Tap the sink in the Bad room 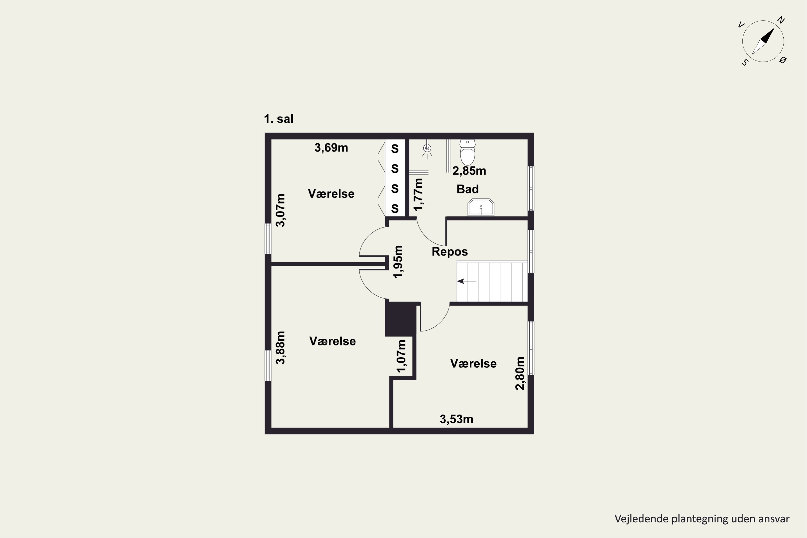pos(481,207)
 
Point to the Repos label pos(449,252)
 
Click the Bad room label pos(467,189)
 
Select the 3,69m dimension pos(331,148)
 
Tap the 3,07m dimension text pos(281,210)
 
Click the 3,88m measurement pos(281,348)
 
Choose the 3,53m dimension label pos(456,419)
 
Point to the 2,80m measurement pos(520,374)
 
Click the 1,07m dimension pos(401,356)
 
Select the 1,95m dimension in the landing pos(398,262)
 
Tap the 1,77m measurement pos(418,194)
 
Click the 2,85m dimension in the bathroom pos(469,171)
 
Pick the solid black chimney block pos(401,319)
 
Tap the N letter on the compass pos(781,20)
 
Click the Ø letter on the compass pos(783,60)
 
